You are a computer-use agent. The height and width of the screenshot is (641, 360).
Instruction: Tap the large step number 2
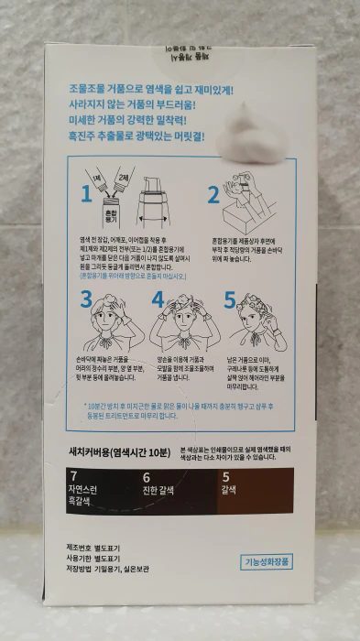[213, 194]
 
